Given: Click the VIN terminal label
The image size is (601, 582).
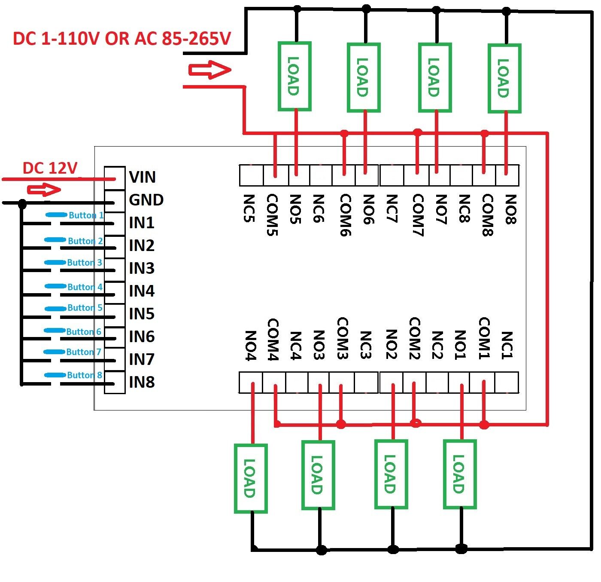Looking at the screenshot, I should pyautogui.click(x=142, y=177).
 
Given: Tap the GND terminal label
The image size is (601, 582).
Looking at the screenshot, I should pyautogui.click(x=146, y=200).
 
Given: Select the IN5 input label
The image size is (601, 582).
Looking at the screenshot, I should pyautogui.click(x=142, y=314).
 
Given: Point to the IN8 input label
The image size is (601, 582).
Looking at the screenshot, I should pyautogui.click(x=142, y=382).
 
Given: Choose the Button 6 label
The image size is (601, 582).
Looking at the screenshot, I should pyautogui.click(x=83, y=331).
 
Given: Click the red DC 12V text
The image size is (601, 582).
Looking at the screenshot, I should pyautogui.click(x=50, y=168).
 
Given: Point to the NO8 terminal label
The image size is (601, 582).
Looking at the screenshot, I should pyautogui.click(x=510, y=209).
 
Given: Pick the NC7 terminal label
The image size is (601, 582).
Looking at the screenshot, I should pyautogui.click(x=392, y=208).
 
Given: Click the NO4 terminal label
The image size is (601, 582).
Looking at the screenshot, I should pyautogui.click(x=250, y=346).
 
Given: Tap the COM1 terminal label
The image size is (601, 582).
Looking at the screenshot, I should pyautogui.click(x=484, y=340).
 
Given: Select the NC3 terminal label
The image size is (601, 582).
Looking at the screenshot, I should pyautogui.click(x=365, y=345).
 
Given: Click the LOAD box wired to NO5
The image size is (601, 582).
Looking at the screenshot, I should pyautogui.click(x=294, y=77).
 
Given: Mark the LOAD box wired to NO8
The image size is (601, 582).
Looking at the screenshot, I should pyautogui.click(x=504, y=78).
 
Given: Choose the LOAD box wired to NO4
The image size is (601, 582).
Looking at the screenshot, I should pyautogui.click(x=251, y=478).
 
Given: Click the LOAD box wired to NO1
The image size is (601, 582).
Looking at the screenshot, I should pyautogui.click(x=460, y=474).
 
